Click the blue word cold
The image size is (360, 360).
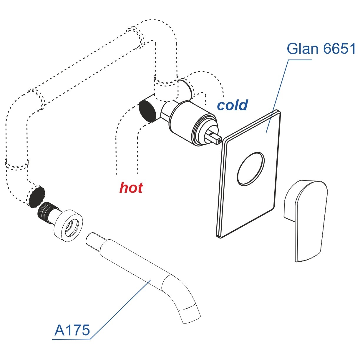pyautogui.click(x=232, y=105)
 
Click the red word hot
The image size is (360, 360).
pyautogui.click(x=131, y=188)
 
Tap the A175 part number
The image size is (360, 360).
pyautogui.click(x=72, y=330)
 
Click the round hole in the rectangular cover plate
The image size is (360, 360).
pyautogui.click(x=250, y=169)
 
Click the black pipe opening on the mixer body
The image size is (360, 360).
pyautogui.click(x=148, y=111)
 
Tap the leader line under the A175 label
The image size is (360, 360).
pyautogui.click(x=118, y=312)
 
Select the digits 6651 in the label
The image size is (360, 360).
pyautogui.click(x=339, y=49)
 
